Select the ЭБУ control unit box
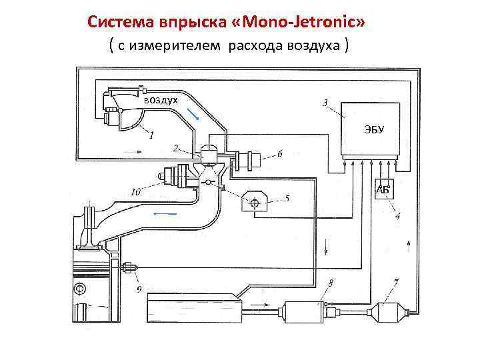click(x=371, y=129)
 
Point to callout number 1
click(x=151, y=135)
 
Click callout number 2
click(x=175, y=147)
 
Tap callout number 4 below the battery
click(x=397, y=216)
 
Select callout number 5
click(x=287, y=198)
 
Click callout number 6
click(x=280, y=154)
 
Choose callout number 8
click(x=331, y=283)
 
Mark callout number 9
click(x=139, y=289)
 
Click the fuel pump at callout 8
click(x=304, y=311)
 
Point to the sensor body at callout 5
click(x=255, y=200)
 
